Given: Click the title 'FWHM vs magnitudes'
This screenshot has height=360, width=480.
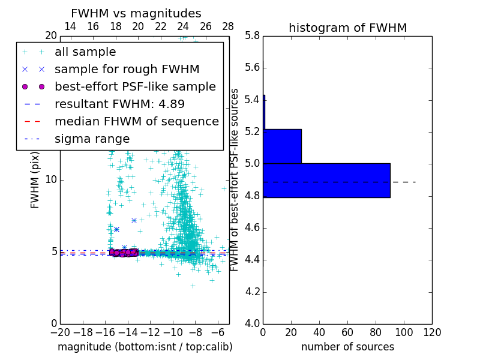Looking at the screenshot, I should click(x=136, y=13).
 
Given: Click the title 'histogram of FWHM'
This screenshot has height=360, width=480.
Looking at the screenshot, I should click(x=347, y=28).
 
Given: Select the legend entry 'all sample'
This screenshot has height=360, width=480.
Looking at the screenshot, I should click(x=85, y=52).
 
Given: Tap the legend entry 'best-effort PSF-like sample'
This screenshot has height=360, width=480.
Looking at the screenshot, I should click(x=135, y=86).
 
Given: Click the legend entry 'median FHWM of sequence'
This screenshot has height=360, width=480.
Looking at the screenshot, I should click(x=136, y=121).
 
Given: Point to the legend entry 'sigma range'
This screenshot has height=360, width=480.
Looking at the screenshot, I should click(x=92, y=139).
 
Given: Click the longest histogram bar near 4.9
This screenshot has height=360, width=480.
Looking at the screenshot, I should click(x=326, y=180).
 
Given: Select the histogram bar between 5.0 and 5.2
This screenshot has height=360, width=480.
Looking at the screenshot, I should click(x=282, y=146).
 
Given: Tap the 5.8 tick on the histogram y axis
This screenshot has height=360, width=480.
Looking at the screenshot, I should click(x=251, y=35).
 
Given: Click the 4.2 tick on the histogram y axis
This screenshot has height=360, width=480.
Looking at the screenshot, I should click(x=251, y=292).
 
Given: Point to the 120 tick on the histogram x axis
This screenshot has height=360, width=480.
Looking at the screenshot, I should click(x=432, y=332).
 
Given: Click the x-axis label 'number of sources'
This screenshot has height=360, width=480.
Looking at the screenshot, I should click(x=347, y=347).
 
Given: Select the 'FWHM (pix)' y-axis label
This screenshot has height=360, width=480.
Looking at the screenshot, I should click(x=35, y=180).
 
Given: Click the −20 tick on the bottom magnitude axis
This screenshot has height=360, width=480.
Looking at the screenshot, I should click(x=59, y=332).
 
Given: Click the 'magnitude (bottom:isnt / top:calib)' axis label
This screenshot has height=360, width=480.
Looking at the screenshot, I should click(x=145, y=347).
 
